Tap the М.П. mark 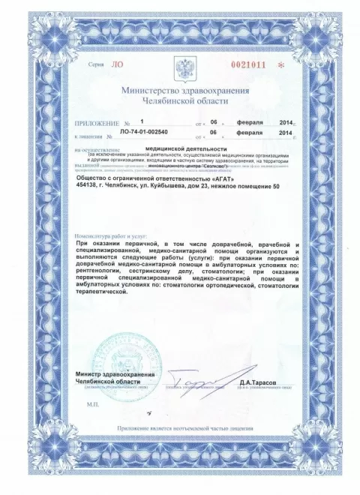pyautogui.click(x=91, y=402)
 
